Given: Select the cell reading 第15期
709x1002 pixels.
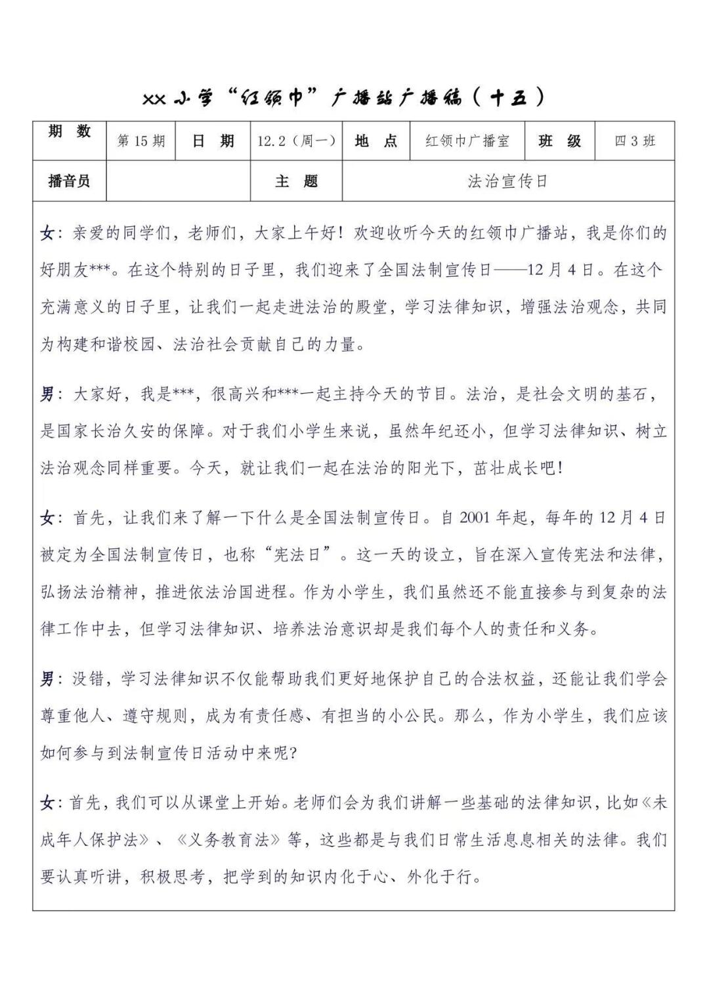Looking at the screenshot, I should [x=140, y=141].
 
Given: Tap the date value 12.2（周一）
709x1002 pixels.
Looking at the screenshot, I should [x=296, y=141].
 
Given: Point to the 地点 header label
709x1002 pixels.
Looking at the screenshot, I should [x=376, y=141].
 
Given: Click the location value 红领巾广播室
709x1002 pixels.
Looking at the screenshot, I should [x=467, y=141].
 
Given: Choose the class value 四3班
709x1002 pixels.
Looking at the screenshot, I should [x=634, y=141].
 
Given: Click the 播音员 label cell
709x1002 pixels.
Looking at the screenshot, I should [x=70, y=181].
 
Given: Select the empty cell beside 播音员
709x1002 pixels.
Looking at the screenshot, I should [x=178, y=181].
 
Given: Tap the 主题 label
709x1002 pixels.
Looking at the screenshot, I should [x=296, y=181].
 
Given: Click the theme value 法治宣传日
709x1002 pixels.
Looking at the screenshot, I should [x=507, y=181].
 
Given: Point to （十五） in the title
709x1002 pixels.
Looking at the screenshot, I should [x=509, y=98].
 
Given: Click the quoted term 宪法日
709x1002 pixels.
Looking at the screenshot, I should [x=305, y=554].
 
